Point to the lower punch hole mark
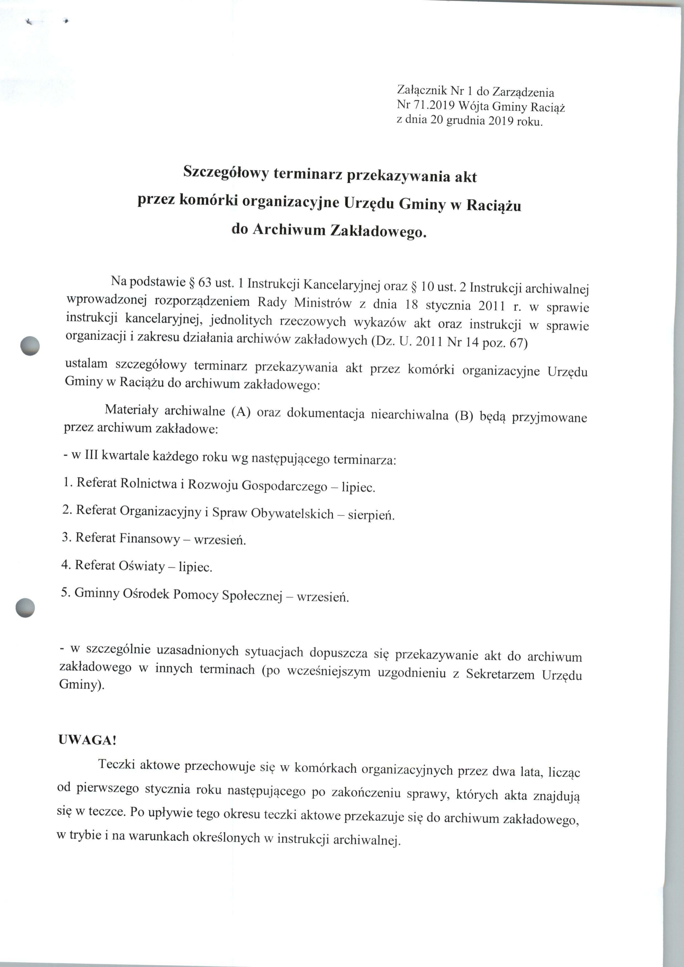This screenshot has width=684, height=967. tap(25, 608)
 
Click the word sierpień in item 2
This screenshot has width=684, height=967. tap(371, 515)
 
